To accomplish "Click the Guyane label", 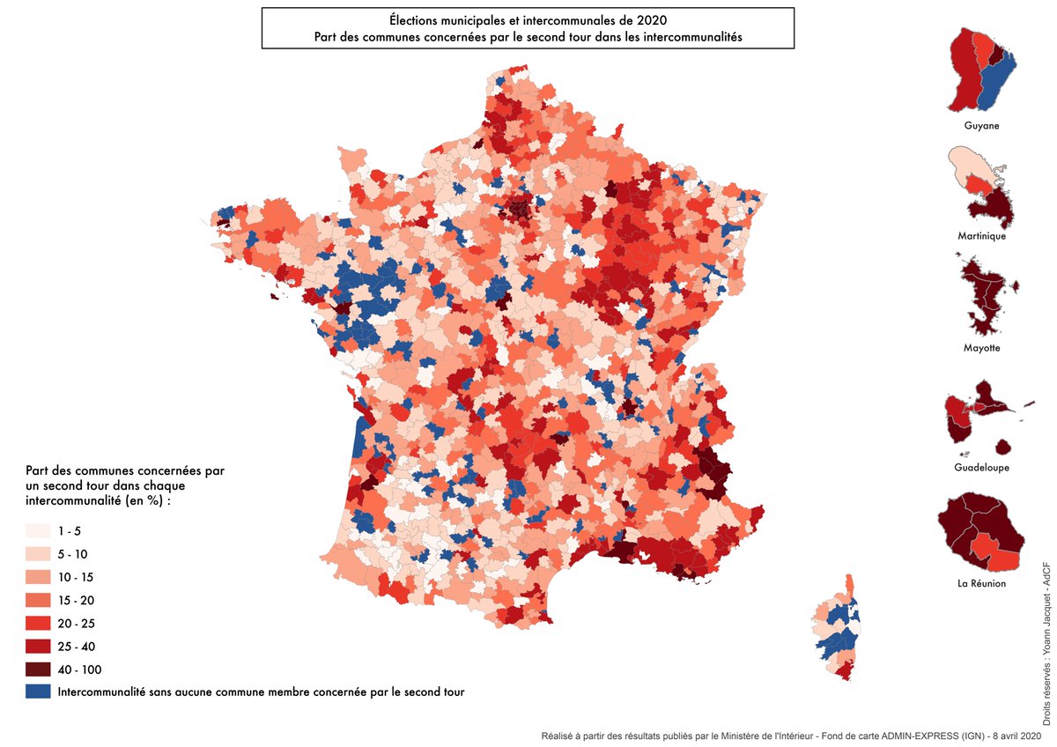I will point(981,126).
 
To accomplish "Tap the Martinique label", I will point(981,236).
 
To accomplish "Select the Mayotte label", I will point(981,348).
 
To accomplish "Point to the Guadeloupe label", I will point(981,467).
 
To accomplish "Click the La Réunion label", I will point(981,583).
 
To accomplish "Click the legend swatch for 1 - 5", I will point(39,531).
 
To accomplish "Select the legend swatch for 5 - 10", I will point(39,554).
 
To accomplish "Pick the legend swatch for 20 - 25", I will point(39,624).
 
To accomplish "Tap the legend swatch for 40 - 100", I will point(39,669).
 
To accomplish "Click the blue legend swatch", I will point(39,692).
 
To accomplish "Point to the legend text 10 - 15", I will point(76,578).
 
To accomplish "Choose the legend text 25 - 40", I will point(76,647).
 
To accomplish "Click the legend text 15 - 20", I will point(76,601).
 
